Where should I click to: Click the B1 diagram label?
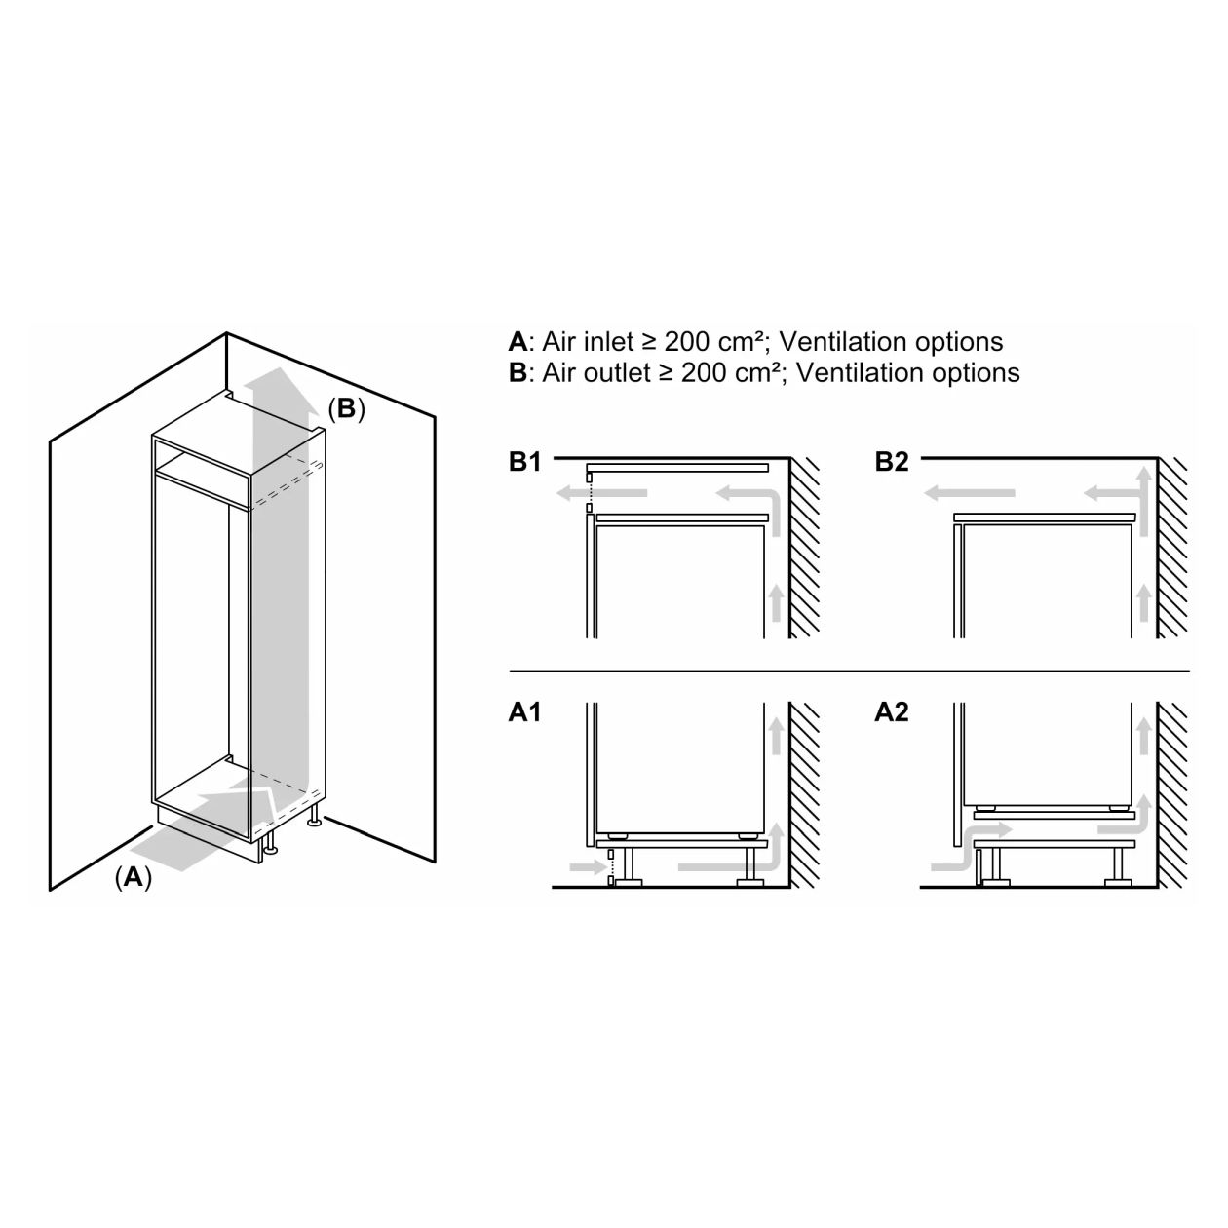[524, 462]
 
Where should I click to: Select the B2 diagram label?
[891, 462]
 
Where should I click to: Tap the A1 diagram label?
[524, 712]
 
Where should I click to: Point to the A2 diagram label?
[891, 712]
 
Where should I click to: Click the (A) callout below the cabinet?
[134, 877]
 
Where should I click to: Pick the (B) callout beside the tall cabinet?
[346, 408]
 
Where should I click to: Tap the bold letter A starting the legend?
[518, 342]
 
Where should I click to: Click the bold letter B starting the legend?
[518, 373]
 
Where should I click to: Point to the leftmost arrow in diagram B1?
[601, 492]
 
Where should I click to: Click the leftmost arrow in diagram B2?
[970, 492]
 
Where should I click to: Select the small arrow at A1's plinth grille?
[588, 866]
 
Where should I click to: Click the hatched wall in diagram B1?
[804, 548]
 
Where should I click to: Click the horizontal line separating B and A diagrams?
[849, 672]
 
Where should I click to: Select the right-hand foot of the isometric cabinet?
[314, 818]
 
